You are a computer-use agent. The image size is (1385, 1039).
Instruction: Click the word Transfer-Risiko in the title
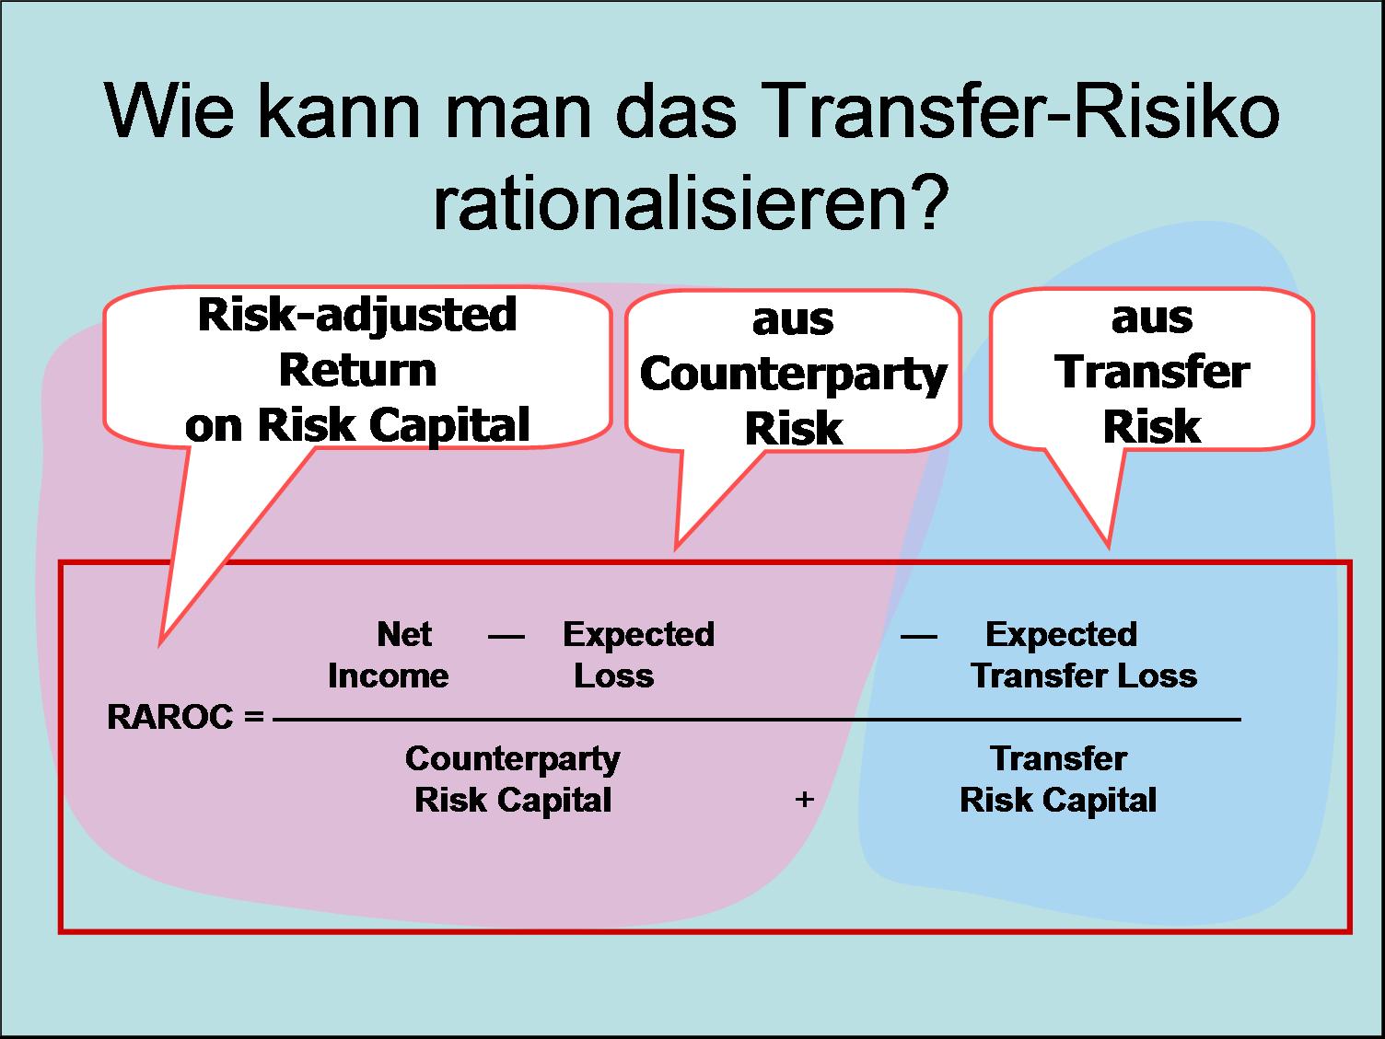point(1023,111)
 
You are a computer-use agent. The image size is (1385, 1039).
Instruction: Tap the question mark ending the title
point(929,202)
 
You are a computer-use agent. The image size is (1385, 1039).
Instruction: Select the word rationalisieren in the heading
point(669,202)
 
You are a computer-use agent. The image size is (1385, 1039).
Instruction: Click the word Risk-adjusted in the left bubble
point(357,316)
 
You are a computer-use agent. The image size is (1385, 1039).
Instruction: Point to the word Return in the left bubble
point(357,371)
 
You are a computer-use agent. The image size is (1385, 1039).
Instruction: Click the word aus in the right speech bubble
point(1152,318)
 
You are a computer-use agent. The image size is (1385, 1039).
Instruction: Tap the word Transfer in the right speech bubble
point(1152,372)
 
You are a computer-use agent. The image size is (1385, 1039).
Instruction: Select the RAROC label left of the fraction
point(170,718)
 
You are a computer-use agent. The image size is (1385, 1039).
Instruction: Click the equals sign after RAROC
point(254,716)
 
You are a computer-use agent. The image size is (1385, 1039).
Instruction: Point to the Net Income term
point(389,655)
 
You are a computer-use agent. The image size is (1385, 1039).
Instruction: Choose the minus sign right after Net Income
point(506,637)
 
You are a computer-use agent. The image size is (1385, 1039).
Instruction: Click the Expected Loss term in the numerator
point(638,655)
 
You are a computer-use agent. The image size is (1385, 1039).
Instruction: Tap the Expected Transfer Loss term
point(1084,655)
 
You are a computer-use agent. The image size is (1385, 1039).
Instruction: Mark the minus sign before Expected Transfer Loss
point(919,637)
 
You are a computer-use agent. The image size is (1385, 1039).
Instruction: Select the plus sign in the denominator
point(805,800)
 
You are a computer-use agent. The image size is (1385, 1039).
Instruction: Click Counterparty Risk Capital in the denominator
point(513,780)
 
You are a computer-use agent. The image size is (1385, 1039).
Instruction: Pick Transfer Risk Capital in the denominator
point(1058,779)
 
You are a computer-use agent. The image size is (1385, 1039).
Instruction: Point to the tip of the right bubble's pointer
point(1109,548)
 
